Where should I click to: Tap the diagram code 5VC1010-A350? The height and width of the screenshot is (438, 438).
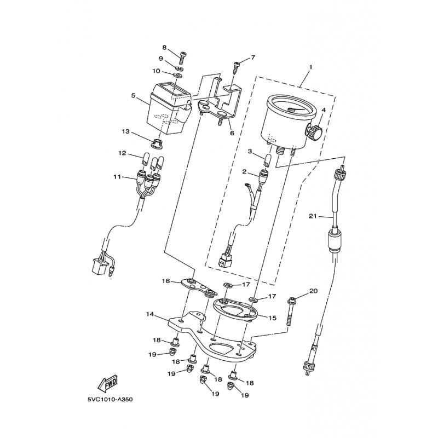(110, 400)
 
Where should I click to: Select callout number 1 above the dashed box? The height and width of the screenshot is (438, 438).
(310, 67)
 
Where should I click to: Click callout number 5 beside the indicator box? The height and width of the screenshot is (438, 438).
(133, 96)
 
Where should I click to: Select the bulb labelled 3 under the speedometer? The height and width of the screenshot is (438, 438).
(268, 160)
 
